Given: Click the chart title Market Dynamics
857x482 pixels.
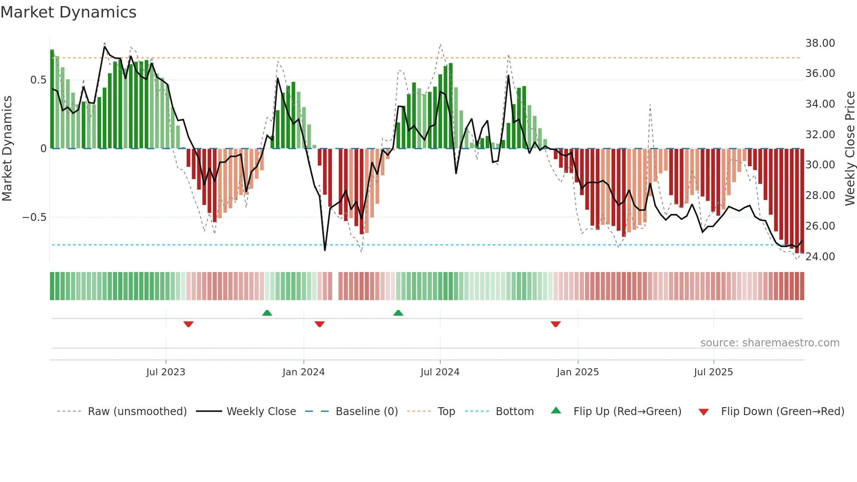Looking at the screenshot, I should click(x=68, y=12).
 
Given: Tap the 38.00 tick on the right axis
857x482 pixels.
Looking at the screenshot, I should click(x=820, y=43).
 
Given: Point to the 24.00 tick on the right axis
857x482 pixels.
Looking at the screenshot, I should click(x=820, y=256).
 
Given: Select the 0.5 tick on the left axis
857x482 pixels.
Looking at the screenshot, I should click(x=38, y=80).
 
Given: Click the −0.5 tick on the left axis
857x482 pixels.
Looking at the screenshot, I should click(x=34, y=217).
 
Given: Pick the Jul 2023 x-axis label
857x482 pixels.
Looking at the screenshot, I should click(x=166, y=372).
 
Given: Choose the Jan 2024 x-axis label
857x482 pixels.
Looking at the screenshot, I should click(x=303, y=372).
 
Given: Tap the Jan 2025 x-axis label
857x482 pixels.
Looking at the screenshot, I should click(x=578, y=372).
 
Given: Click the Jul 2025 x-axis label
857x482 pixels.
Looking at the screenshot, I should click(x=713, y=372).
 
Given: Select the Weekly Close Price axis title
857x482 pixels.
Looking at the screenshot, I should click(x=850, y=148).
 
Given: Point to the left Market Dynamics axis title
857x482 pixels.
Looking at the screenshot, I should click(x=7, y=148).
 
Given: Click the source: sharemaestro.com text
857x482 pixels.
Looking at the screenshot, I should click(x=770, y=342).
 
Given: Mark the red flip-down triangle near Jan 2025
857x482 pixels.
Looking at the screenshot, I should click(x=555, y=324).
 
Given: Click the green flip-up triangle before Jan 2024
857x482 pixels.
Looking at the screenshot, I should click(x=267, y=313).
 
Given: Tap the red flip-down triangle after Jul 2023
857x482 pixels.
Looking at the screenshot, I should click(x=188, y=324).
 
